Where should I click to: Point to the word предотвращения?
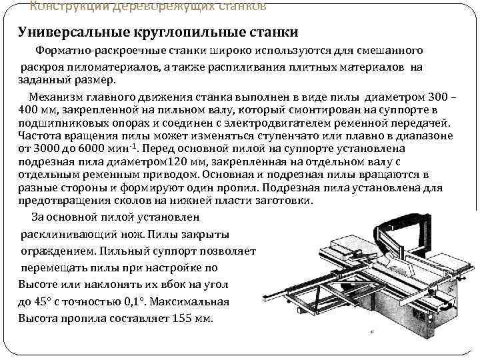pos(75,201)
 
